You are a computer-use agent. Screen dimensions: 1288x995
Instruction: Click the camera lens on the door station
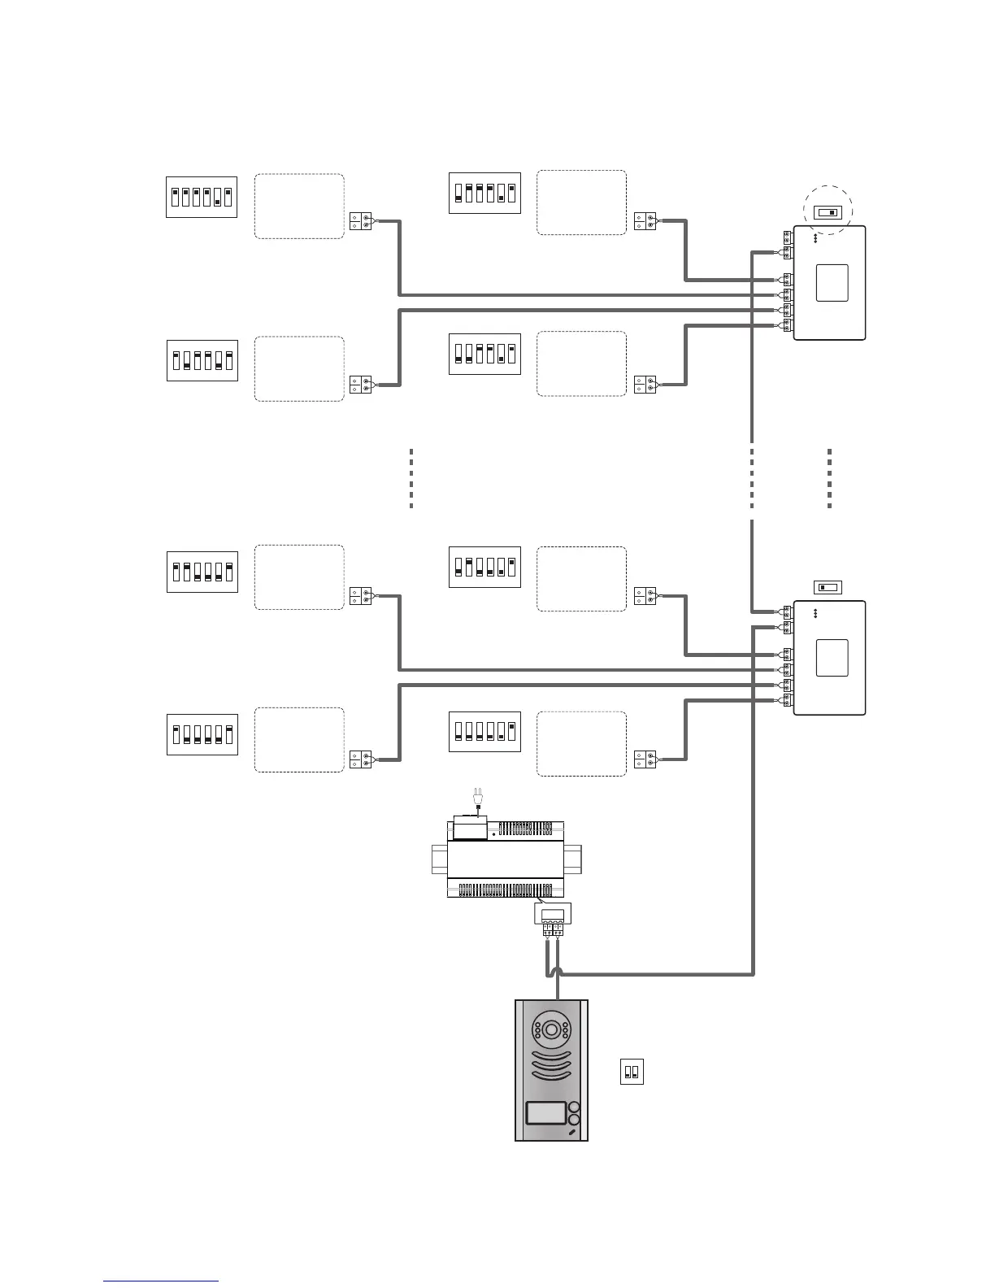point(551,1029)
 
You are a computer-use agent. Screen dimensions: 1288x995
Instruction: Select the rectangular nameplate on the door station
point(545,1113)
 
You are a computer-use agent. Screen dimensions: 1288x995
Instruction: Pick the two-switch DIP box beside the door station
point(632,1072)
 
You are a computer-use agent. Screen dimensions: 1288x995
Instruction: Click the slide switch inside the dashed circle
point(828,213)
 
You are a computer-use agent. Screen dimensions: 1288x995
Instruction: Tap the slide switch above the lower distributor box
point(828,587)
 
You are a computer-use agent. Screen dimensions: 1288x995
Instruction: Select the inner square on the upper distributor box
point(832,283)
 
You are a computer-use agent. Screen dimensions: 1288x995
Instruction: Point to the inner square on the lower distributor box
point(832,658)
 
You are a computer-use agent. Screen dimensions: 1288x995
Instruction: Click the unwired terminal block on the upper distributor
point(787,237)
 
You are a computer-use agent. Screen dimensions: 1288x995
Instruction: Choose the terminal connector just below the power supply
point(553,927)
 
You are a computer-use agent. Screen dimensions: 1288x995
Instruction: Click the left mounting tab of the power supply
point(439,859)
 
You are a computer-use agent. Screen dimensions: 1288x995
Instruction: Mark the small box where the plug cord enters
point(470,829)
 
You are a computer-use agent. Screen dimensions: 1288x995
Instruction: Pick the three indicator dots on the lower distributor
point(815,615)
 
